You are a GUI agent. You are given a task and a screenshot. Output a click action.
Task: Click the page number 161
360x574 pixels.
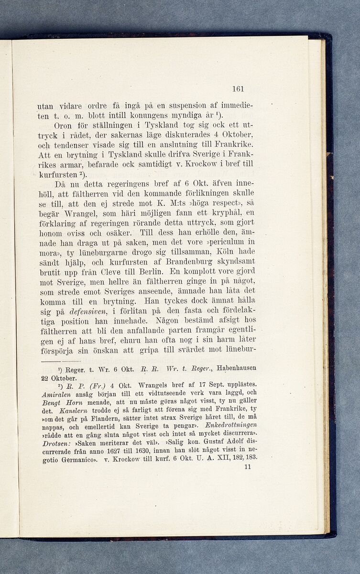[238, 88]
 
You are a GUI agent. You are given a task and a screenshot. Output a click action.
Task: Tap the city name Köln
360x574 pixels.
[216, 252]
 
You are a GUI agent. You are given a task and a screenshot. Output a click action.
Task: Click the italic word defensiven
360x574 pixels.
[77, 311]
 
